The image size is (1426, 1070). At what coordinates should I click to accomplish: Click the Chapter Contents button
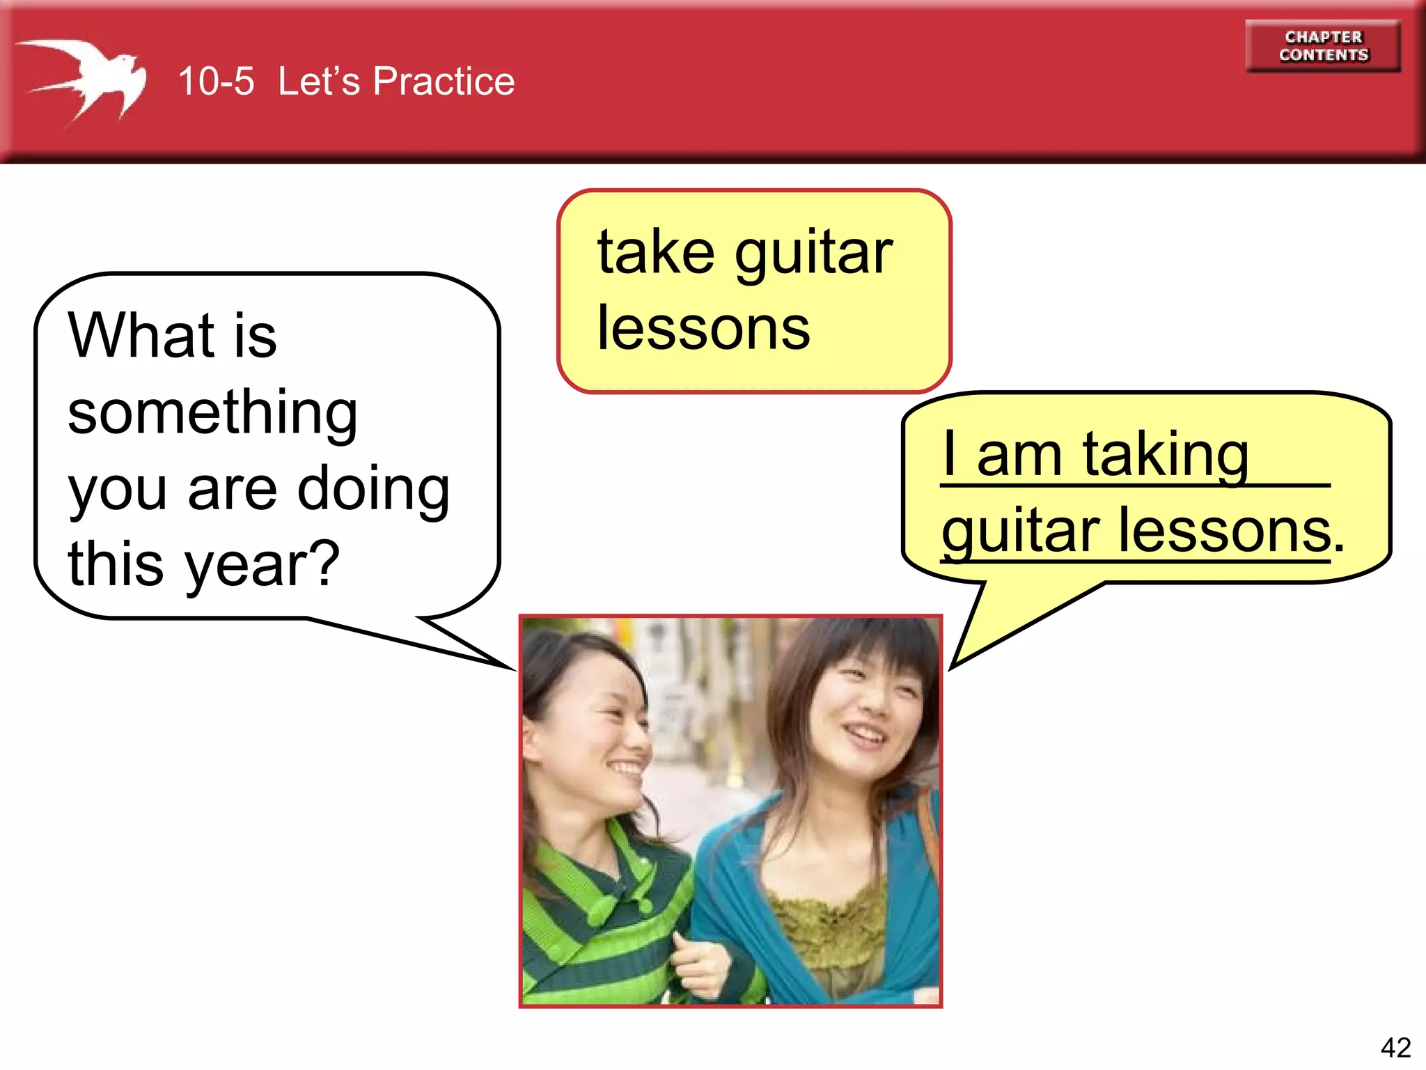1323,46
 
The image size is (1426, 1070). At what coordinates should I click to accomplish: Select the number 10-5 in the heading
216,82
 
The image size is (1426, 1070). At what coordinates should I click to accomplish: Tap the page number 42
1395,1047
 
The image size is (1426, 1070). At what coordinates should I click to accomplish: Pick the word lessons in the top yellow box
703,329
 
